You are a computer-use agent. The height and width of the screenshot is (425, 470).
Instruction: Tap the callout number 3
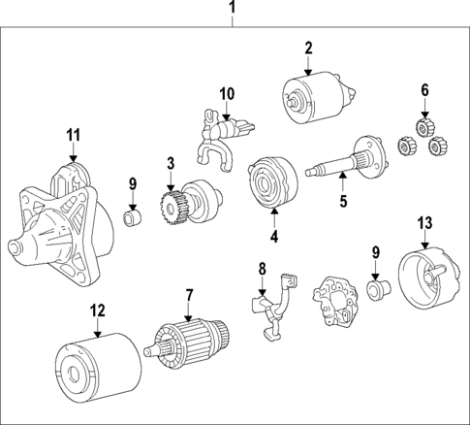[x=170, y=162]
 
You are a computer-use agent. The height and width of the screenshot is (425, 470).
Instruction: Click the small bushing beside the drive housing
[x=137, y=214]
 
